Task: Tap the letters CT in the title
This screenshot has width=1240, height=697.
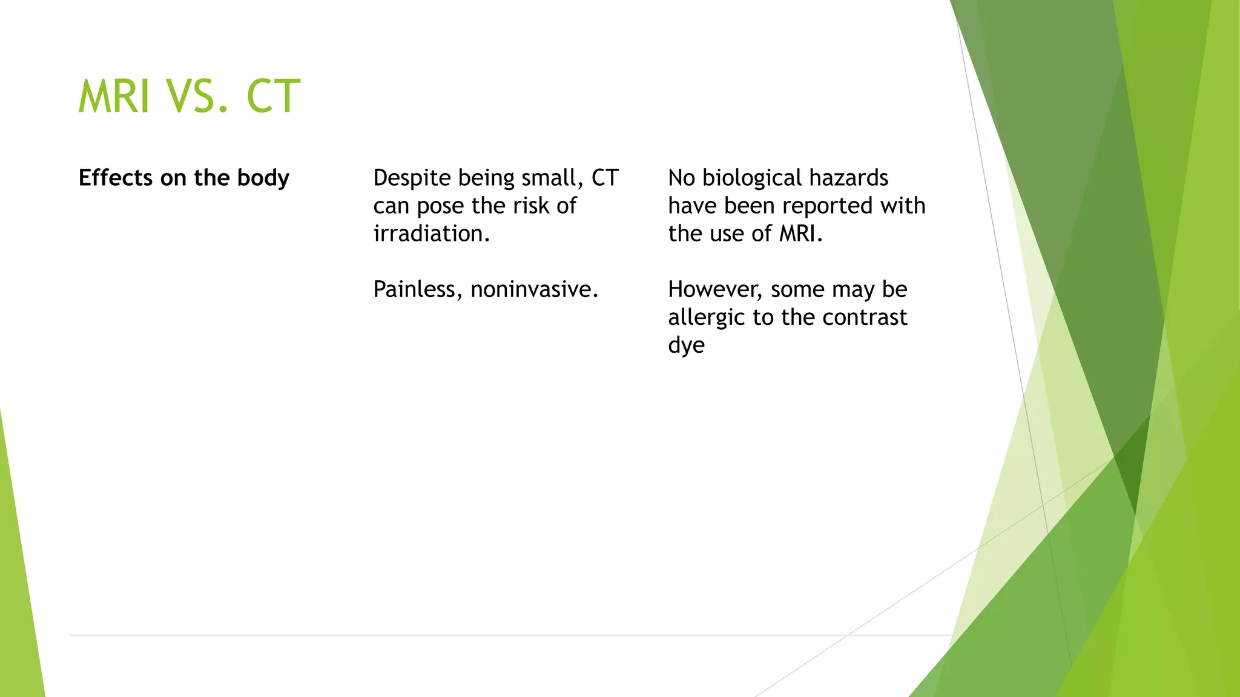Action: tap(273, 97)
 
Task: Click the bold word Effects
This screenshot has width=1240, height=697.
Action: tap(116, 178)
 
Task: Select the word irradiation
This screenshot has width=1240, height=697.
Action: tap(431, 234)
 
